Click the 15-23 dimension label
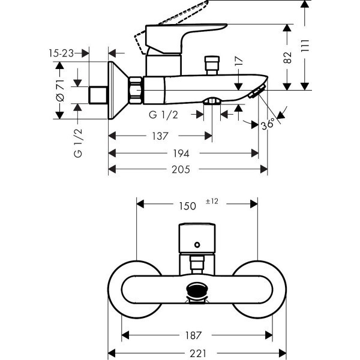[61, 53]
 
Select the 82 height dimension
[289, 57]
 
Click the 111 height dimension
[305, 45]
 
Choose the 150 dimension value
[187, 206]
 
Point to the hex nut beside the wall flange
[136, 89]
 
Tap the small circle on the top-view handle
[196, 244]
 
